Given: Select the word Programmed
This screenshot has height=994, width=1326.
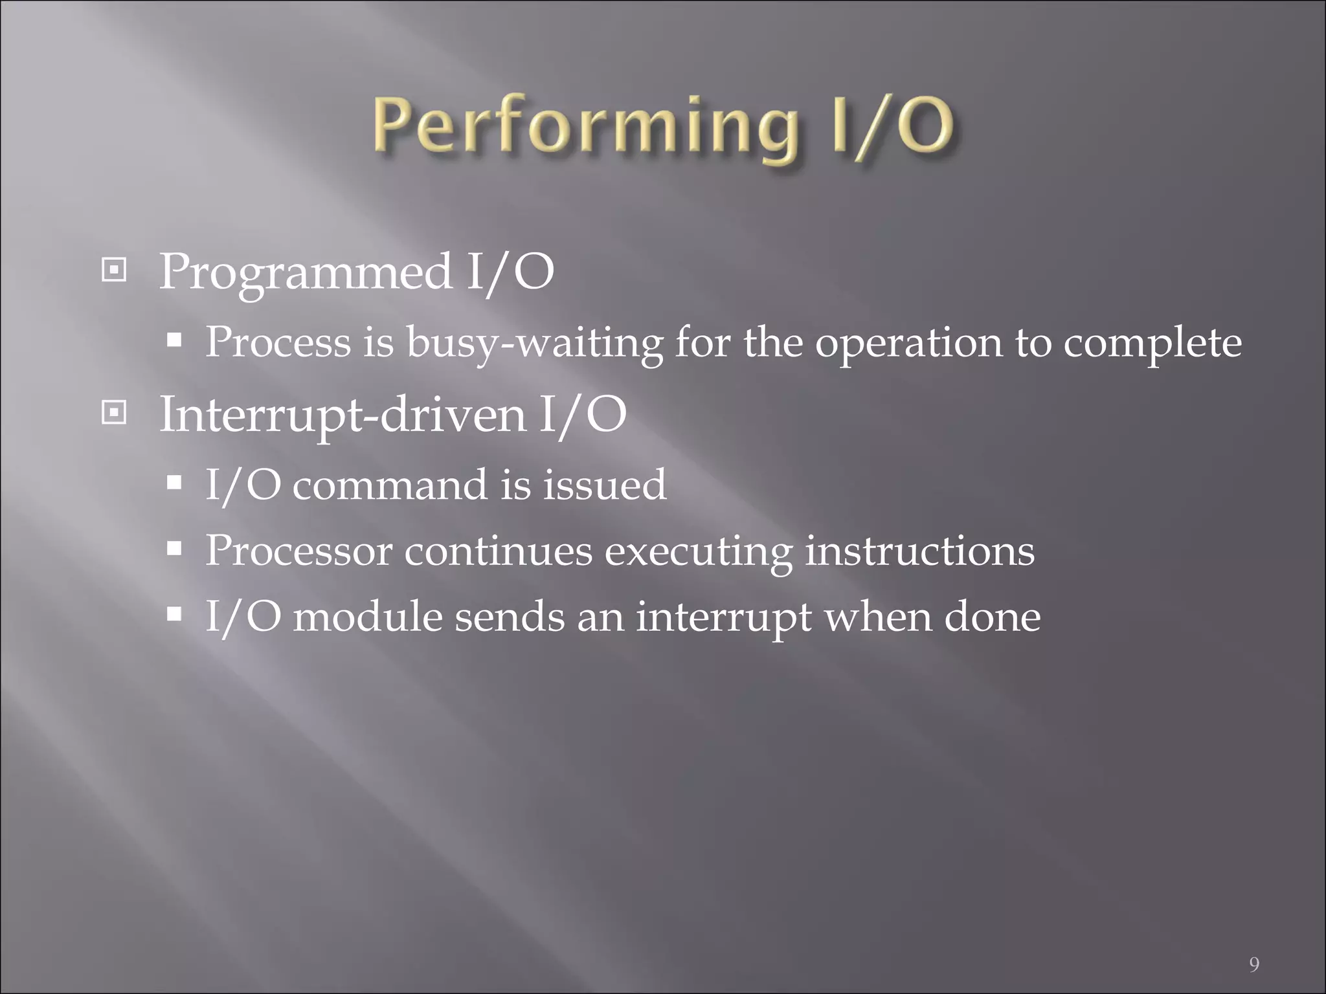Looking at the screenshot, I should pyautogui.click(x=306, y=272).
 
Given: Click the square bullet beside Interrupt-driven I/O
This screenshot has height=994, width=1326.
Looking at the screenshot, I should pyautogui.click(x=115, y=412).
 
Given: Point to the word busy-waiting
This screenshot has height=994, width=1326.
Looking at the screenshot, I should pyautogui.click(x=534, y=343).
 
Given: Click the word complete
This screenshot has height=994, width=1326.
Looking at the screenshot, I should pyautogui.click(x=1152, y=343).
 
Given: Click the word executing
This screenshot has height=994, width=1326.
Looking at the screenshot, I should pyautogui.click(x=698, y=551).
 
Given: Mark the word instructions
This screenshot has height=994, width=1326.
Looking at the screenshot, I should pyautogui.click(x=919, y=551).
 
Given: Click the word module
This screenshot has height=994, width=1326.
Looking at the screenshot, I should pyautogui.click(x=367, y=616).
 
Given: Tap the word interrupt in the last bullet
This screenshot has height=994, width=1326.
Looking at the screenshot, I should pyautogui.click(x=723, y=616).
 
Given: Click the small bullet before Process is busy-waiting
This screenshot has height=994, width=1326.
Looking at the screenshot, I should pyautogui.click(x=174, y=340).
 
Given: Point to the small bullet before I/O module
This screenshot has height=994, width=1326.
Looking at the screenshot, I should pyautogui.click(x=174, y=613).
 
